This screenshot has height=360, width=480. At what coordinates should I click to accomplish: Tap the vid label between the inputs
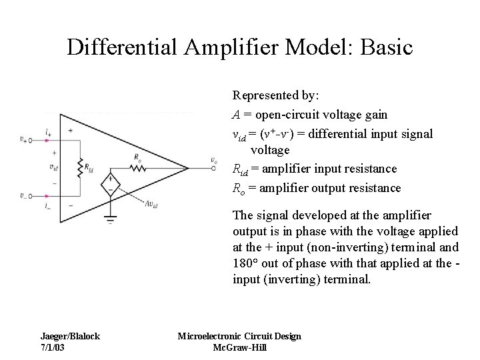pyautogui.click(x=53, y=167)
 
